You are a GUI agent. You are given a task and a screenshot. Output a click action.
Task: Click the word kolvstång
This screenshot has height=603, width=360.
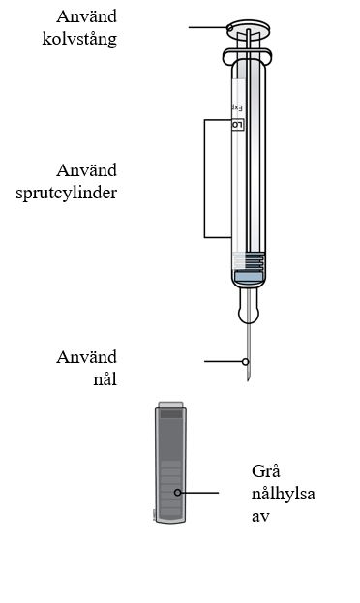click(79, 40)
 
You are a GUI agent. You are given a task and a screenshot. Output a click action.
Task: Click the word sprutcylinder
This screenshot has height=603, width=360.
click(67, 193)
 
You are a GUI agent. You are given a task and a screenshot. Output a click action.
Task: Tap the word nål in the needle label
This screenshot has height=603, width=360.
click(105, 379)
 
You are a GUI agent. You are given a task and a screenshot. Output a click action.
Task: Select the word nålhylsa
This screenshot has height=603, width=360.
click(284, 495)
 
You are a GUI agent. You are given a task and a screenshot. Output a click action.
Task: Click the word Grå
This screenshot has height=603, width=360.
click(266, 471)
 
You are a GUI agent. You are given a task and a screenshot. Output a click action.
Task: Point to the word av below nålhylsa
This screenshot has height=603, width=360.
click(260, 517)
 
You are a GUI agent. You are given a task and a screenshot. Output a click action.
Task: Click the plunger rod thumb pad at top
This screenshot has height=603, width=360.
click(248, 30)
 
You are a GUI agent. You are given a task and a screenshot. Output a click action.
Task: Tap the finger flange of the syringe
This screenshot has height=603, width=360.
click(248, 56)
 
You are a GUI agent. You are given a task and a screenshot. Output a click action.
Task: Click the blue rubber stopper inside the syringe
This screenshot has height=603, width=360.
click(249, 277)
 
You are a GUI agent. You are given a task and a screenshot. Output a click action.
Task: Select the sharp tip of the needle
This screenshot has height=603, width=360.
click(249, 380)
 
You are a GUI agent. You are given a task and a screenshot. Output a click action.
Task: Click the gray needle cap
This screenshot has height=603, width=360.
click(170, 463)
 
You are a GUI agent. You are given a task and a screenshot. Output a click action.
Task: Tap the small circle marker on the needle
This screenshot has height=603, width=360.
click(246, 361)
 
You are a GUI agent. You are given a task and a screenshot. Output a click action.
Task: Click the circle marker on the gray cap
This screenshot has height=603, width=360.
click(177, 493)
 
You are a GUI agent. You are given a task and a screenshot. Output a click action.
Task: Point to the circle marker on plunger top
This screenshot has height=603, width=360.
click(230, 27)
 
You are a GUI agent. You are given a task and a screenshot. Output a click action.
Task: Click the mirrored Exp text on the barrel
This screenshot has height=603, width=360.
click(237, 108)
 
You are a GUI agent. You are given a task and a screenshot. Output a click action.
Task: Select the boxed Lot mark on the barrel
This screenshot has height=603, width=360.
click(238, 125)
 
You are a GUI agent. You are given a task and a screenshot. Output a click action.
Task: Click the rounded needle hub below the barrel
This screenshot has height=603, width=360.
click(249, 306)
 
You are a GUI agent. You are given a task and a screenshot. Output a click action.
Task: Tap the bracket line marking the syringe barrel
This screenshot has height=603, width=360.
click(204, 178)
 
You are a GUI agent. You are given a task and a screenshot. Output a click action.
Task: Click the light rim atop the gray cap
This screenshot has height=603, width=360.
click(170, 405)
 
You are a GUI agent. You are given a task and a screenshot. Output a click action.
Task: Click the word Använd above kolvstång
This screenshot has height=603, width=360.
click(86, 16)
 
